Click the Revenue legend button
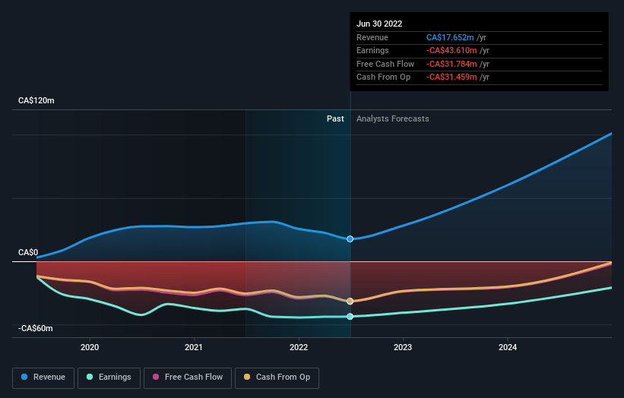pyautogui.click(x=43, y=377)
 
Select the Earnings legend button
pyautogui.click(x=108, y=377)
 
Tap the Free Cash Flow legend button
pyautogui.click(x=187, y=377)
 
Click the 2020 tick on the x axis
pyautogui.click(x=90, y=347)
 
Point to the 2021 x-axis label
pyautogui.click(x=194, y=347)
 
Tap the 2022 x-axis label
pyautogui.click(x=299, y=347)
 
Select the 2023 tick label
pyautogui.click(x=403, y=347)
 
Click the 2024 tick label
pyautogui.click(x=508, y=347)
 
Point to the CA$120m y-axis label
pyautogui.click(x=36, y=100)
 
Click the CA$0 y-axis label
pyautogui.click(x=28, y=252)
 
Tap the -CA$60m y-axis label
pyautogui.click(x=36, y=328)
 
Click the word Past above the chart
pyautogui.click(x=335, y=118)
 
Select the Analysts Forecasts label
pyautogui.click(x=392, y=118)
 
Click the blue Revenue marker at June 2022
pyautogui.click(x=350, y=238)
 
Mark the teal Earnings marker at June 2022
pyautogui.click(x=350, y=316)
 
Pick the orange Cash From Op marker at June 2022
pyautogui.click(x=350, y=301)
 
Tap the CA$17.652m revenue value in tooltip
pyautogui.click(x=452, y=37)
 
